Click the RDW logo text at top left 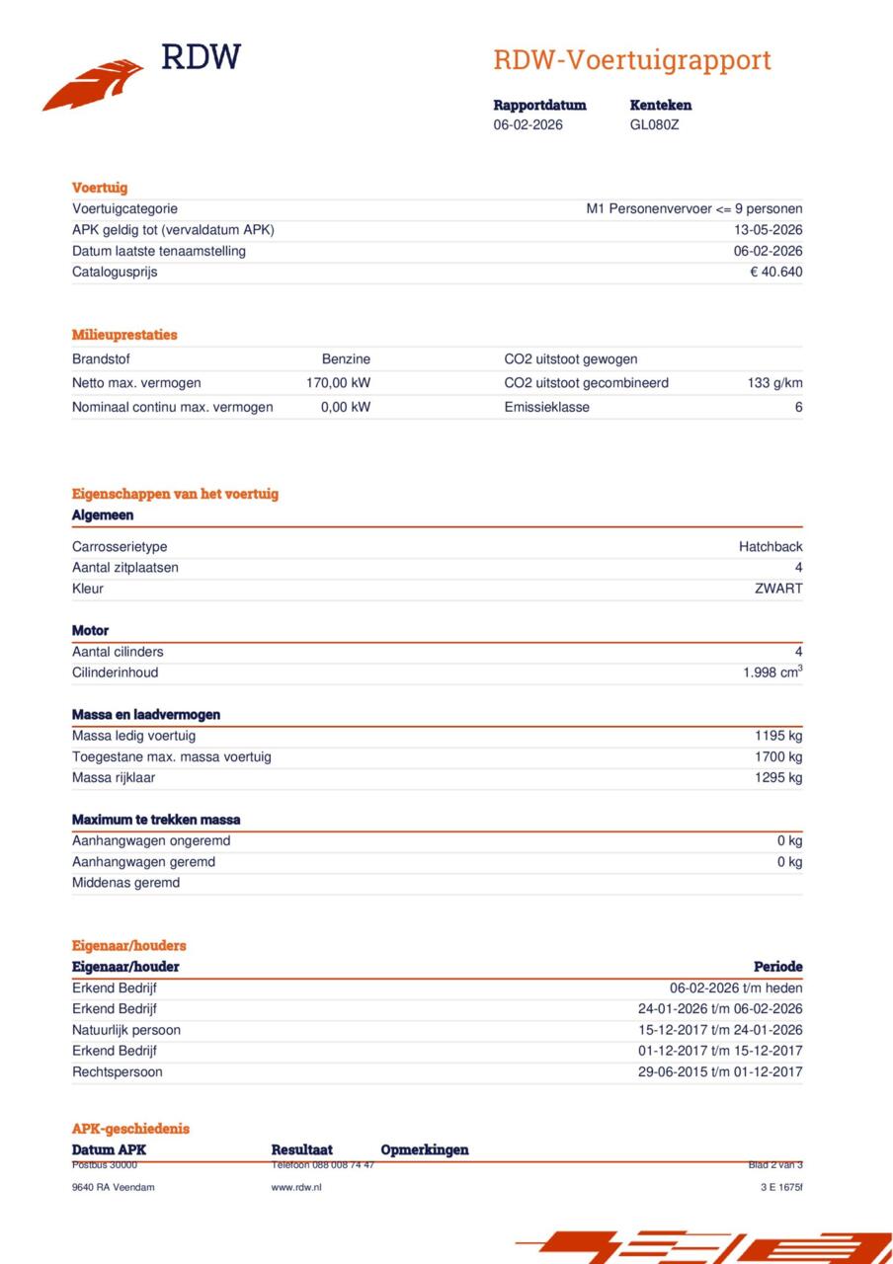(x=201, y=57)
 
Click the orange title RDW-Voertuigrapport (x=632, y=60)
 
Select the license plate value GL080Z (x=654, y=125)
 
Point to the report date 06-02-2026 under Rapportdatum (x=528, y=125)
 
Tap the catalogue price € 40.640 (x=775, y=272)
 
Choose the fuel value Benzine (x=346, y=359)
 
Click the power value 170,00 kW (x=338, y=383)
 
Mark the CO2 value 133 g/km (x=774, y=383)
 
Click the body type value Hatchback (x=771, y=547)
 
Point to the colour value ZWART (x=778, y=589)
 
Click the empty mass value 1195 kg (x=778, y=736)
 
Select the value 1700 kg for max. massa (x=778, y=756)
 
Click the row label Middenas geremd (x=125, y=883)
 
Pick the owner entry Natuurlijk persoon (x=125, y=1030)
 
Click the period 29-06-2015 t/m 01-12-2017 (x=720, y=1071)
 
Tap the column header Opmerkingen (x=425, y=1149)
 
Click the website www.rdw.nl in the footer (x=296, y=1187)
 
